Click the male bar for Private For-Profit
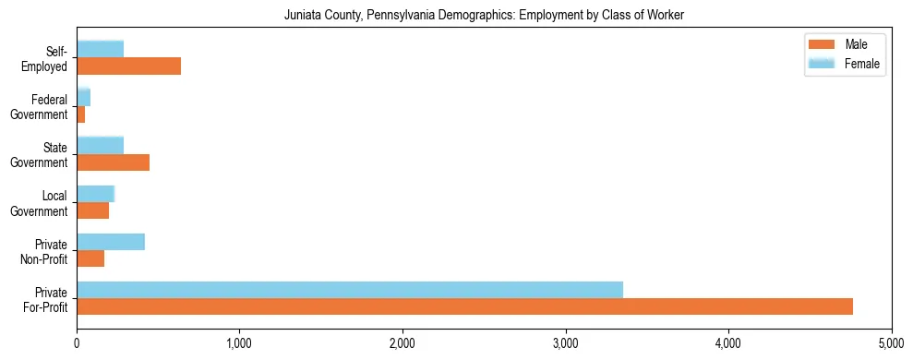[x=464, y=306]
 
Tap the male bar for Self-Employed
[x=128, y=66]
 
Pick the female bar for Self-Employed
[x=100, y=49]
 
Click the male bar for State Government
[x=113, y=162]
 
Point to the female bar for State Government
[x=100, y=145]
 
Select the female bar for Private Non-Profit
[x=111, y=242]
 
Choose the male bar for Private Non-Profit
[x=90, y=258]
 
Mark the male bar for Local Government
[x=92, y=210]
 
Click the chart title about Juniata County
[x=456, y=14]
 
